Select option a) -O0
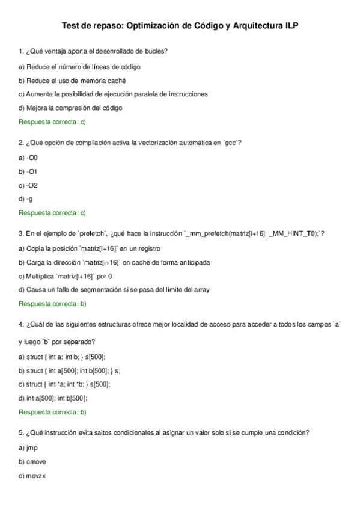28,158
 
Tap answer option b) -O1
28,171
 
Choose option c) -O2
28,185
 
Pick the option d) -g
26,199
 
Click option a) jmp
28,448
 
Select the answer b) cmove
32,462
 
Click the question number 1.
21,51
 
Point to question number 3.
21,234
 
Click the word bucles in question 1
156,51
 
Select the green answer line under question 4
53,412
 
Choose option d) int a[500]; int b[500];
53,398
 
